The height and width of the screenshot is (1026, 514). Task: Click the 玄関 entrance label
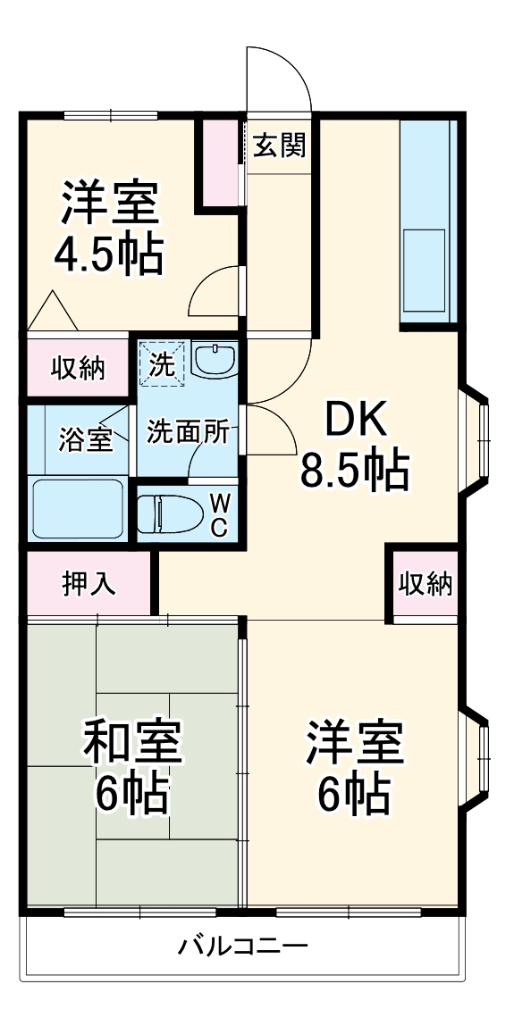pyautogui.click(x=279, y=145)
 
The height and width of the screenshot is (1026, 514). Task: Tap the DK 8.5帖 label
pyautogui.click(x=354, y=444)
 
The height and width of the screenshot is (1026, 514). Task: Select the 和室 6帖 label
pyautogui.click(x=133, y=767)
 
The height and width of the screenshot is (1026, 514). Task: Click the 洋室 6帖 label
pyautogui.click(x=354, y=767)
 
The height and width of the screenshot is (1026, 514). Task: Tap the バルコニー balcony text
pyautogui.click(x=242, y=946)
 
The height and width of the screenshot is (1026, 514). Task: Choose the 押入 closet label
pyautogui.click(x=88, y=583)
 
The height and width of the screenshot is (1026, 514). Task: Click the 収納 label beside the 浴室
pyautogui.click(x=77, y=367)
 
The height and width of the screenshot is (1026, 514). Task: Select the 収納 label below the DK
pyautogui.click(x=425, y=585)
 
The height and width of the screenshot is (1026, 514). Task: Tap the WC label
pyautogui.click(x=219, y=513)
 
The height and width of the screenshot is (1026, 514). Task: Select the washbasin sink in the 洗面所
pyautogui.click(x=215, y=360)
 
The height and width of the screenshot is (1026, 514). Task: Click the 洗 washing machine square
pyautogui.click(x=162, y=363)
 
